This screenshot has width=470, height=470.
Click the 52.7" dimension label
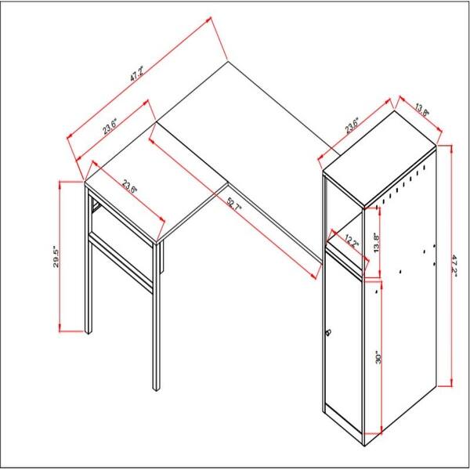pos(235,208)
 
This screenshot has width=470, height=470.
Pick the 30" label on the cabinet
pos(378,359)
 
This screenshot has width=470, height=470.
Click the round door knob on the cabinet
pos(329,334)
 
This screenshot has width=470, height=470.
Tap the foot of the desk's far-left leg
pos(88,330)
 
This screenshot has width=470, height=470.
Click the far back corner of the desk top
pos(227,60)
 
